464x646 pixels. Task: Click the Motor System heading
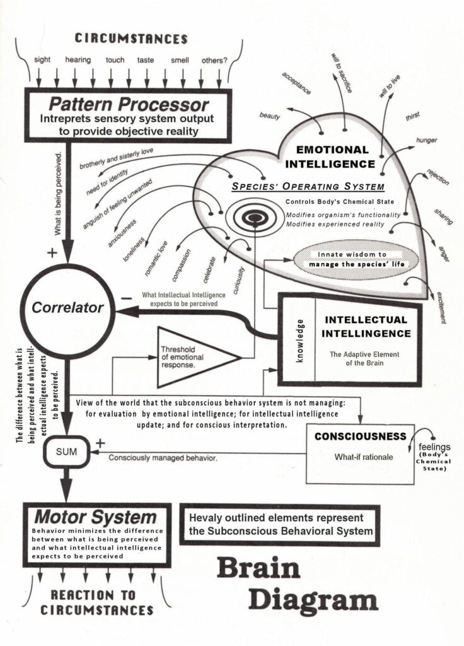click(95, 517)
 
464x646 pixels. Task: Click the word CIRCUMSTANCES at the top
click(131, 38)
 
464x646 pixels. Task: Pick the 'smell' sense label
click(179, 61)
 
